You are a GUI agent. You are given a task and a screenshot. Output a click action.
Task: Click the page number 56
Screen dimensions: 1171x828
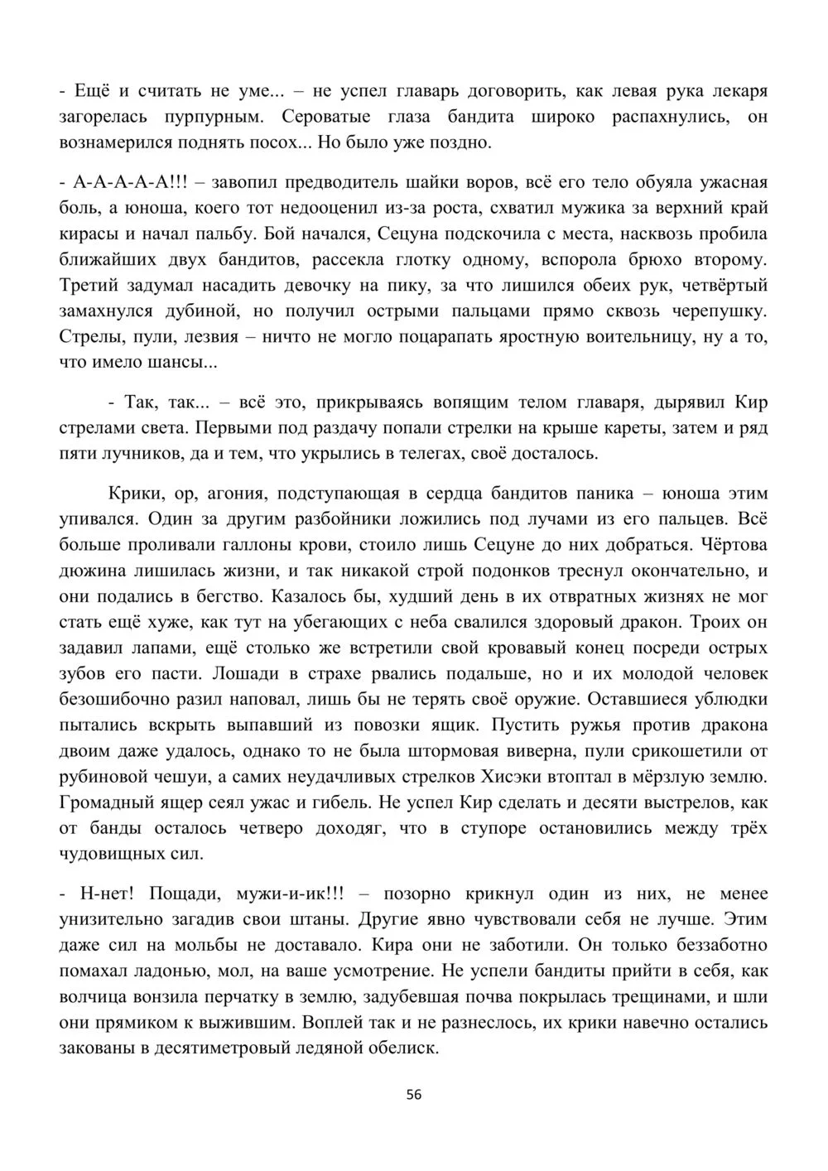point(414,1095)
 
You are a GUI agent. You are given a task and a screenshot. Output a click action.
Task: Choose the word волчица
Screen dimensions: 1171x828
point(96,997)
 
